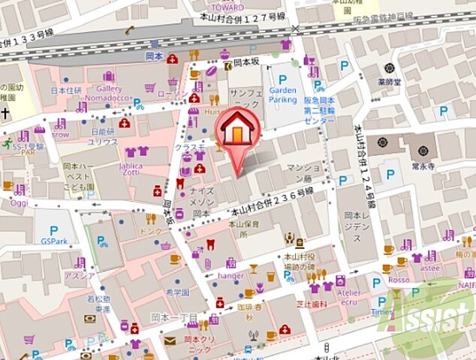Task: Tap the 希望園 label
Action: coord(176,292)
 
